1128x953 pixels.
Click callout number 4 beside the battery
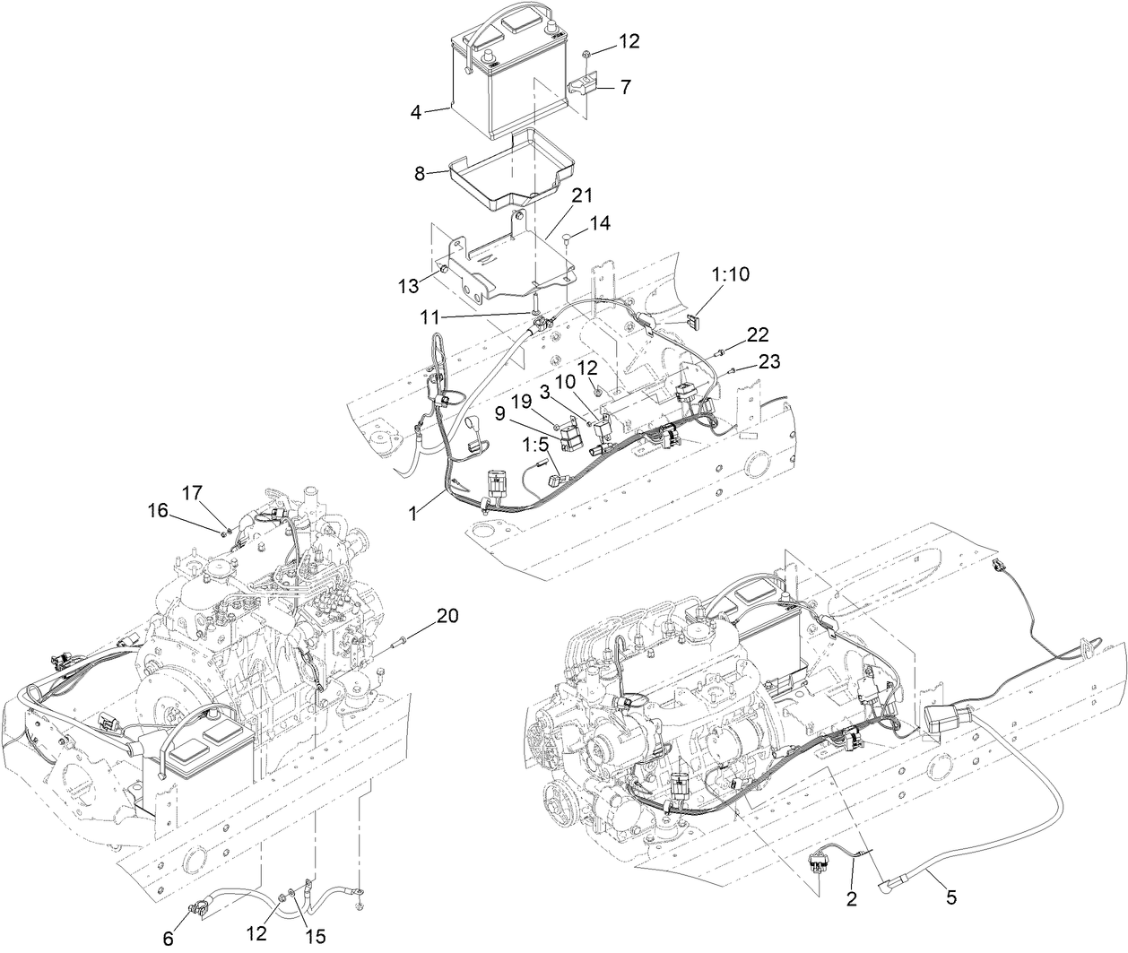(416, 112)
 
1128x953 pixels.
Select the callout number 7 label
(626, 88)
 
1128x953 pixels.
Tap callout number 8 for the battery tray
(419, 173)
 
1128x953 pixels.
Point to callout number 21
(583, 195)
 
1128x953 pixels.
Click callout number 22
(758, 334)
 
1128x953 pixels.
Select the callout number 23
(768, 362)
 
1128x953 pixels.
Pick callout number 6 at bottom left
(169, 938)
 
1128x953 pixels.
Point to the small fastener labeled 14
(568, 237)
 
